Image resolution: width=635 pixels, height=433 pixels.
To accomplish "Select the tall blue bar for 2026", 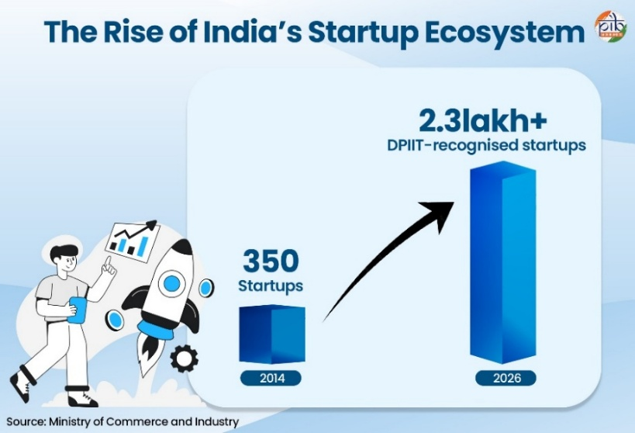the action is point(503,262).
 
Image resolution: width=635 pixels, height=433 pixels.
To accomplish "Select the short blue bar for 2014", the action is point(272,334).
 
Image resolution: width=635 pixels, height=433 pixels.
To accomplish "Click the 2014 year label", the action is point(271,378).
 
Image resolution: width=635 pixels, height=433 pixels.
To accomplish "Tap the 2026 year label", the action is point(506,378).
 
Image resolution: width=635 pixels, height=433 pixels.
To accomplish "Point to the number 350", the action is point(271,262).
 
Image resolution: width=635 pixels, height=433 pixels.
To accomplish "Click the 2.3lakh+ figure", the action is point(483,121).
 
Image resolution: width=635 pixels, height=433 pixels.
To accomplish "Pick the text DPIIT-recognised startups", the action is point(486,146).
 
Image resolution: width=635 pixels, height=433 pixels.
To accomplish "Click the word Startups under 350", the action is point(271,286).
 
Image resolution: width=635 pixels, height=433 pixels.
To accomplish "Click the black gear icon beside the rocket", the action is point(185,358).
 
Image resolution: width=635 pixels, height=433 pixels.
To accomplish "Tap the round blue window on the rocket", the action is point(171,283).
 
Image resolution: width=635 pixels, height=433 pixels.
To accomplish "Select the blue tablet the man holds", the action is point(78,310).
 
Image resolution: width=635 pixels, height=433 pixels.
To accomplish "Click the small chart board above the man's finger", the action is point(132,241).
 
